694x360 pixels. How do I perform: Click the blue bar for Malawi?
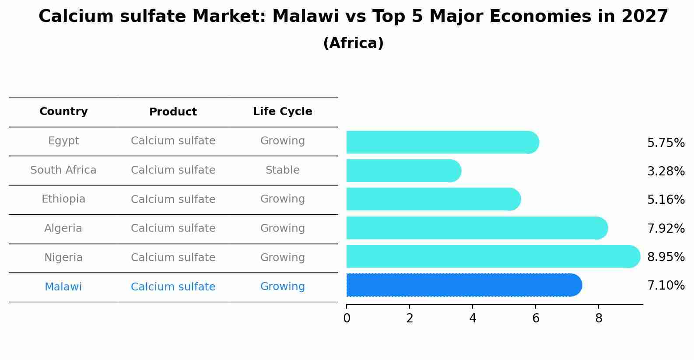(464, 285)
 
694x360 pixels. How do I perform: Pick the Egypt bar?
(442, 142)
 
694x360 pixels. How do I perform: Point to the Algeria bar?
(477, 228)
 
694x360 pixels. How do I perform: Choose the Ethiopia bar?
(433, 199)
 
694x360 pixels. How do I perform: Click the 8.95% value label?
(666, 257)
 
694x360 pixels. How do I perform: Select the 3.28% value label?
(666, 171)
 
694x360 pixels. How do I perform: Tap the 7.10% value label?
(666, 286)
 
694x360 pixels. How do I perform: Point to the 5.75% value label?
(666, 143)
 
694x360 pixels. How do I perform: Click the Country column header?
(63, 112)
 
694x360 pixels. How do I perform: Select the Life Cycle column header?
(282, 112)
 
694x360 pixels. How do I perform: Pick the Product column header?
(173, 112)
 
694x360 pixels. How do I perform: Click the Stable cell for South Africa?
(282, 170)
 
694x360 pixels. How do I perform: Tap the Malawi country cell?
(63, 287)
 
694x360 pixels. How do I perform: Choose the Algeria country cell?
(63, 228)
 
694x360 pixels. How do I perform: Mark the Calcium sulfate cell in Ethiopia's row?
(173, 199)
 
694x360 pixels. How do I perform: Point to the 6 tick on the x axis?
(536, 318)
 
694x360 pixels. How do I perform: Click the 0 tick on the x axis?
(347, 318)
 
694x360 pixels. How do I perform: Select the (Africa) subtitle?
(353, 43)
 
